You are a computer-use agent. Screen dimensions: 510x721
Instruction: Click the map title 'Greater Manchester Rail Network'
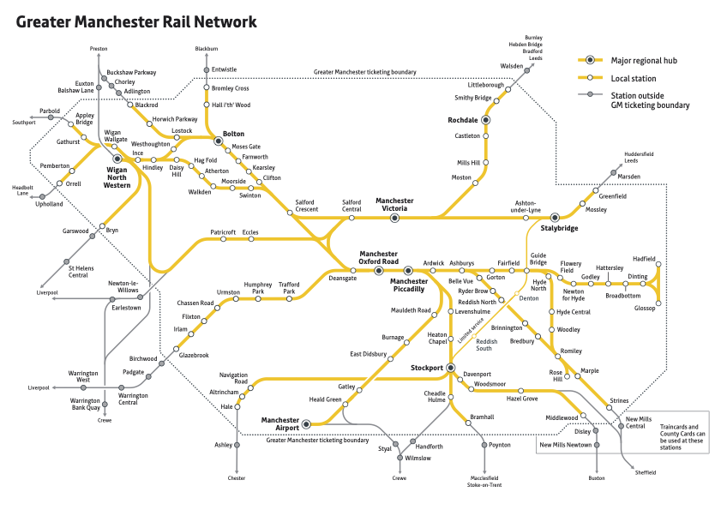[136, 21]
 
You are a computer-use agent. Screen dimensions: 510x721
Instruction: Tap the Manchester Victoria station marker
[395, 219]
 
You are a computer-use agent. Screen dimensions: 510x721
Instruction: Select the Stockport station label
[420, 368]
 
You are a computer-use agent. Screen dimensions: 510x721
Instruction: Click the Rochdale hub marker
[485, 121]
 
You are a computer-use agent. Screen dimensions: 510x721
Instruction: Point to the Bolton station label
[233, 135]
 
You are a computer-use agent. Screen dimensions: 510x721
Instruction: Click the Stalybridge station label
[560, 229]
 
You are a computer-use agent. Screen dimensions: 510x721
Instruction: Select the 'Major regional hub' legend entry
[645, 61]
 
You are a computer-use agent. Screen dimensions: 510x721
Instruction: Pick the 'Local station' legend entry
[634, 78]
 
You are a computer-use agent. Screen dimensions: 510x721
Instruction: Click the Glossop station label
[646, 308]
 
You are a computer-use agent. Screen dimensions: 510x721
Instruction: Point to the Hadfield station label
[643, 259]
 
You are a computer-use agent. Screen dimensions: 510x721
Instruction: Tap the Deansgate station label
[342, 278]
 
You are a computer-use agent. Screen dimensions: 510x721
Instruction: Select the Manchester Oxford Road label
[378, 258]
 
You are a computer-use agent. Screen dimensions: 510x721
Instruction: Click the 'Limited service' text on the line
[471, 330]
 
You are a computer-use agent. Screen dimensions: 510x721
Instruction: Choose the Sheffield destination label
[645, 472]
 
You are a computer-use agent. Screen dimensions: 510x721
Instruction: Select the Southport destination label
[24, 123]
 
